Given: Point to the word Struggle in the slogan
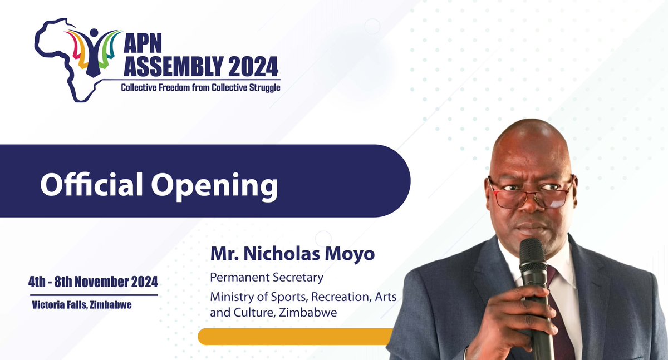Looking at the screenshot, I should point(262,88).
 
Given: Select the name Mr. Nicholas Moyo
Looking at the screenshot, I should point(292,254).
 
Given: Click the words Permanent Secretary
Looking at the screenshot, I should point(267,277).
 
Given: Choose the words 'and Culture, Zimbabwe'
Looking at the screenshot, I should point(273,313).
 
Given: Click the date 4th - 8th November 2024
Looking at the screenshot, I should point(93,282).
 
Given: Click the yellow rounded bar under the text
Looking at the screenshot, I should point(295,336).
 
